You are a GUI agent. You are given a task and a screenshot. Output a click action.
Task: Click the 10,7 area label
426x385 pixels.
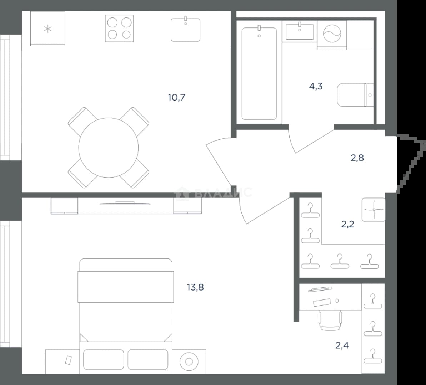click(177, 97)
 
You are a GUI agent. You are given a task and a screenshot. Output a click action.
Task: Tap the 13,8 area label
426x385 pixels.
click(195, 287)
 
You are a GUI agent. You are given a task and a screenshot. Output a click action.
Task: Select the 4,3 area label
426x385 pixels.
click(316, 86)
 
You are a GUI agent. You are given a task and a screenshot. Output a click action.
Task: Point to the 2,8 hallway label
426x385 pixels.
click(357, 158)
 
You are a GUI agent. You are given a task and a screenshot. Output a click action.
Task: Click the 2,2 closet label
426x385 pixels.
click(347, 224)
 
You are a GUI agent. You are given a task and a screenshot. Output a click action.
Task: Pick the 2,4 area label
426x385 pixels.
click(342, 345)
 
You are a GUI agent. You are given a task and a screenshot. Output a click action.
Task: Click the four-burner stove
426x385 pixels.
click(119, 28)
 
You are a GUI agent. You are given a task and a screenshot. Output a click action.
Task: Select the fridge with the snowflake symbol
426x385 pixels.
click(48, 29)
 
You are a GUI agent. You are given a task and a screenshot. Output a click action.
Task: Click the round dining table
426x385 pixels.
click(109, 148)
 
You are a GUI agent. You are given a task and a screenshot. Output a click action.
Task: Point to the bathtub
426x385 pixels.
click(259, 73)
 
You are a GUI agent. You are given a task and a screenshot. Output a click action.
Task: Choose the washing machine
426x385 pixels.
click(332, 34)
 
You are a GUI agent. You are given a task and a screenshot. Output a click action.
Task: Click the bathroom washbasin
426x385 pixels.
click(299, 31)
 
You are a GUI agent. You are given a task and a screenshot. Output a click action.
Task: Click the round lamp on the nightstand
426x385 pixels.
click(189, 362)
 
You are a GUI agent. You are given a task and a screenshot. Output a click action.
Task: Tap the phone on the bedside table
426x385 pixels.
click(68, 360)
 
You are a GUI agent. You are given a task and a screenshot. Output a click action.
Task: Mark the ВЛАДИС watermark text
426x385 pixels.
click(214, 193)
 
